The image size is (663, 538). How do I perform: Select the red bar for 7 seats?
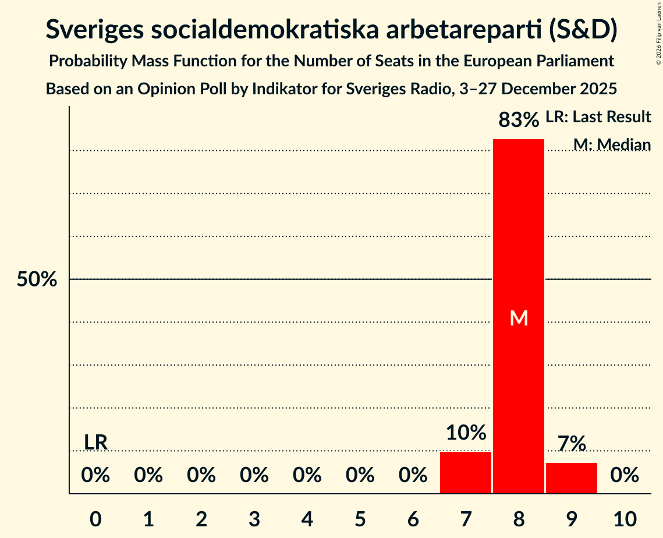pos(465,472)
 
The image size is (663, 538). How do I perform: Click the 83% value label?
pos(519,121)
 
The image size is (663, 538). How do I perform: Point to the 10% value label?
pos(466,433)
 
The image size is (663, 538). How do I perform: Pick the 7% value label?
pos(571,444)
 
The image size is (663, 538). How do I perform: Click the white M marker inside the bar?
pos(518,318)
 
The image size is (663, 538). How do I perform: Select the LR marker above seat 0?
pos(95,442)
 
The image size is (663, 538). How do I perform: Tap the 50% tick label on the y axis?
pos(36,279)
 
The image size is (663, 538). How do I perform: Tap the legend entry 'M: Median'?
pos(611,144)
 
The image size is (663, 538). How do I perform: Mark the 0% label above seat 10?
pos(625,476)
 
